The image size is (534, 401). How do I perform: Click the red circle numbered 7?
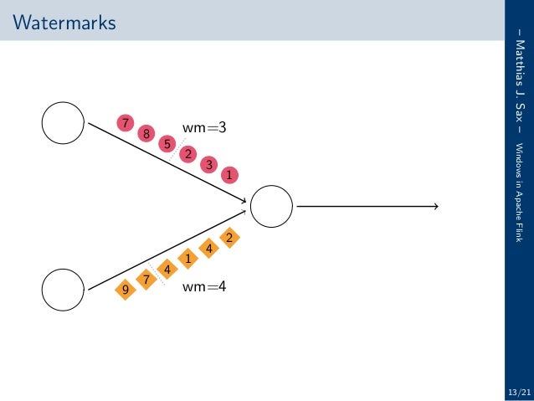coord(126,123)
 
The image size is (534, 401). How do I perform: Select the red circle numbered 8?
coord(146,133)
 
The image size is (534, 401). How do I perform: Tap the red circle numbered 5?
coord(167,144)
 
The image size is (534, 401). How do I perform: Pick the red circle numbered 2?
coord(188,154)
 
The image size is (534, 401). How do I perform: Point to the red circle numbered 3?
coord(208,165)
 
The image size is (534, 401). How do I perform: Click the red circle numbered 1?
coord(228,175)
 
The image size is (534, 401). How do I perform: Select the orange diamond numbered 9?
coord(126,290)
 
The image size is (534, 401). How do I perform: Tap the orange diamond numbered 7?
coord(146,279)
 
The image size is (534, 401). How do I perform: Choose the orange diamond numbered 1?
coord(188,258)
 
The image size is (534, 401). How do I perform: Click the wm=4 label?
coord(204,286)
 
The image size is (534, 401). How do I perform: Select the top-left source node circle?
coord(63,123)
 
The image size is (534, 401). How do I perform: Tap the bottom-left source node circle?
coord(63,289)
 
